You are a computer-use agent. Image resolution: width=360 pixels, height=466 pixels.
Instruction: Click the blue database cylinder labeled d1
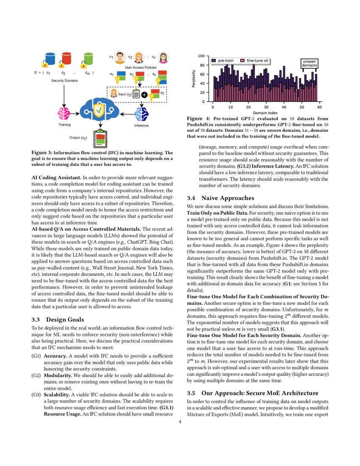click(x=50, y=58)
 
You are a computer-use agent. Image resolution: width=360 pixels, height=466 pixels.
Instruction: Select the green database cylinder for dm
click(x=88, y=58)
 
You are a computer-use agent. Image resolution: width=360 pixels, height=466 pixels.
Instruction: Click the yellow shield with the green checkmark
click(x=99, y=111)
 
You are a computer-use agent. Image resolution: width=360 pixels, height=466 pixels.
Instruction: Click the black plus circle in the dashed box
click(x=145, y=95)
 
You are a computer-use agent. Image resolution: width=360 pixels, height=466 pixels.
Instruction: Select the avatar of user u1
click(x=120, y=57)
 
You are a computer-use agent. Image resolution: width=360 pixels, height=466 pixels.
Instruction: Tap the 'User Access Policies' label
click(x=140, y=67)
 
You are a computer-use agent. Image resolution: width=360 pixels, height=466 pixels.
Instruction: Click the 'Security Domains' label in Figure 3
click(x=64, y=80)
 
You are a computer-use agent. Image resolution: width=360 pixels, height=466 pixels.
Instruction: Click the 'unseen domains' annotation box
click(x=310, y=63)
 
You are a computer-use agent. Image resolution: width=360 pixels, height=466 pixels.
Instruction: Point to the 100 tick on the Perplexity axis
click(x=201, y=56)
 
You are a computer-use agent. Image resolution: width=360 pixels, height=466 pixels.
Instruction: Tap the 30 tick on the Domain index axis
click(x=266, y=107)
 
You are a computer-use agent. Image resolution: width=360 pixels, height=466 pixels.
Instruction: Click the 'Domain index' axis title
click(x=266, y=113)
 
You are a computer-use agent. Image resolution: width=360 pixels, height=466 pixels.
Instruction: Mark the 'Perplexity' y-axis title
click(x=194, y=79)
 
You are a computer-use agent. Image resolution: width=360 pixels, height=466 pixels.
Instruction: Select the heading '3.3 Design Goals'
click(x=58, y=319)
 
